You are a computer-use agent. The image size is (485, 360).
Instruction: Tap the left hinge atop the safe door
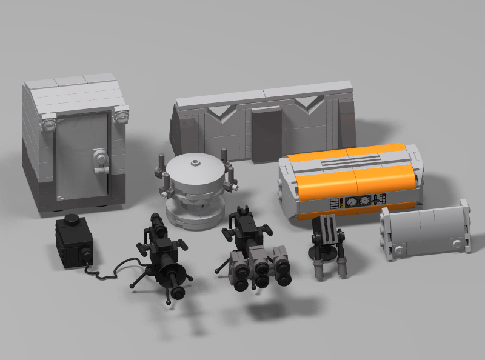46,125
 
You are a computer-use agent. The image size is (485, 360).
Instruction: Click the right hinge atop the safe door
121,113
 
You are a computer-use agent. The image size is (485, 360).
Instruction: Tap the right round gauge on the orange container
364,201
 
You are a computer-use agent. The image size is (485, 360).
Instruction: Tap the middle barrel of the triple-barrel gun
261,269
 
